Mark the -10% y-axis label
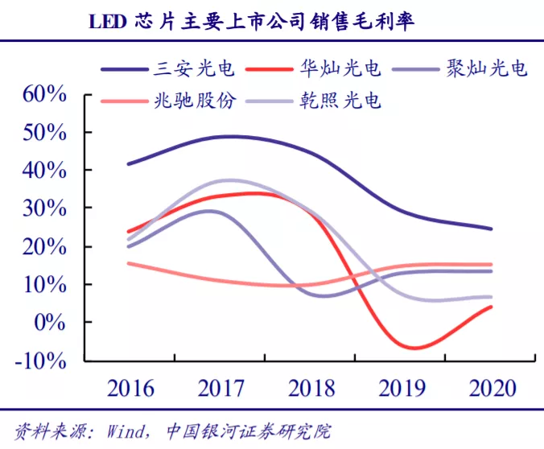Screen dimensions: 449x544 [x=39, y=360]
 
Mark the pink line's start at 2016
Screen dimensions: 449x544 [x=129, y=263]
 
